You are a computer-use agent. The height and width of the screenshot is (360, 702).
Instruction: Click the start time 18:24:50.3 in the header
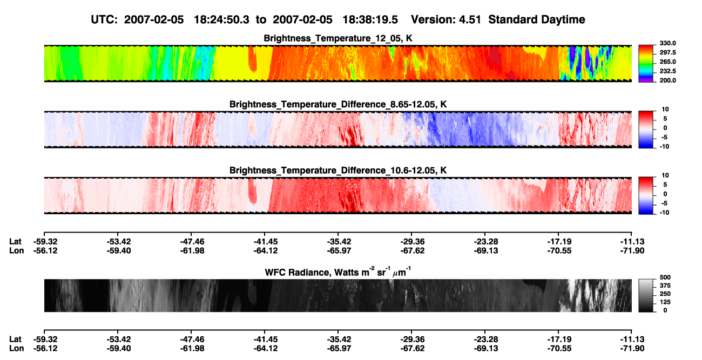[x=221, y=20]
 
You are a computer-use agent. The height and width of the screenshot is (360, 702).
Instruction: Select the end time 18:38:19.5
[x=370, y=20]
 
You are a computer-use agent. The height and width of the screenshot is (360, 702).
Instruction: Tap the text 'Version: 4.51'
[x=446, y=20]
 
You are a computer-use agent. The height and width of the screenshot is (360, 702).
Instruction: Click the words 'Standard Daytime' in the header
[x=537, y=20]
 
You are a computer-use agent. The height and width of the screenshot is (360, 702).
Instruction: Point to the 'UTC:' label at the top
[x=104, y=20]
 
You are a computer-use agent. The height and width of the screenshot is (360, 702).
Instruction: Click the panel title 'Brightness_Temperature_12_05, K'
[x=338, y=38]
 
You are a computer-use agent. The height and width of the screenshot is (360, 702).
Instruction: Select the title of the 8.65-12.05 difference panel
[x=338, y=104]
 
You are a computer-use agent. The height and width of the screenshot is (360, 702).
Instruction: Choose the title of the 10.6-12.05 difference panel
[x=338, y=171]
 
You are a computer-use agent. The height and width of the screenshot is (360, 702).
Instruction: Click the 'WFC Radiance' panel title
[x=338, y=272]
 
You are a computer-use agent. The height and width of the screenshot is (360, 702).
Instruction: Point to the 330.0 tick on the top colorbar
[x=667, y=43]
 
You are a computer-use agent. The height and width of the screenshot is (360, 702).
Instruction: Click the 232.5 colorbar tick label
[x=667, y=71]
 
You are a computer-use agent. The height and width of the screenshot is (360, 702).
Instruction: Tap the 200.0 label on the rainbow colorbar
[x=667, y=80]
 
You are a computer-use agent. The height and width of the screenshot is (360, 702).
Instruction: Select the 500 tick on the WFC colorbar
[x=665, y=277]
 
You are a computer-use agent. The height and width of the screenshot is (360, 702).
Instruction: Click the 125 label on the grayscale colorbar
[x=665, y=302]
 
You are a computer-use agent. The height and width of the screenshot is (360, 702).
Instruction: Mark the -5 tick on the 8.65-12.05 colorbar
[x=664, y=137]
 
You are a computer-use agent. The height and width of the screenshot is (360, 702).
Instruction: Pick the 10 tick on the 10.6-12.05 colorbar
[x=665, y=175]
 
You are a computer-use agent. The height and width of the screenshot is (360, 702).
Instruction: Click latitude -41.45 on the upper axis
[x=266, y=242]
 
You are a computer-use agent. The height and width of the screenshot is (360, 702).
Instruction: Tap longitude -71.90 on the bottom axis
[x=632, y=349]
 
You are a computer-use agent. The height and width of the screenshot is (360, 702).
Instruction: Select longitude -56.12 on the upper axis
[x=45, y=250]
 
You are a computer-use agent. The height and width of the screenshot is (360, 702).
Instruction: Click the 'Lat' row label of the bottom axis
[x=15, y=339]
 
